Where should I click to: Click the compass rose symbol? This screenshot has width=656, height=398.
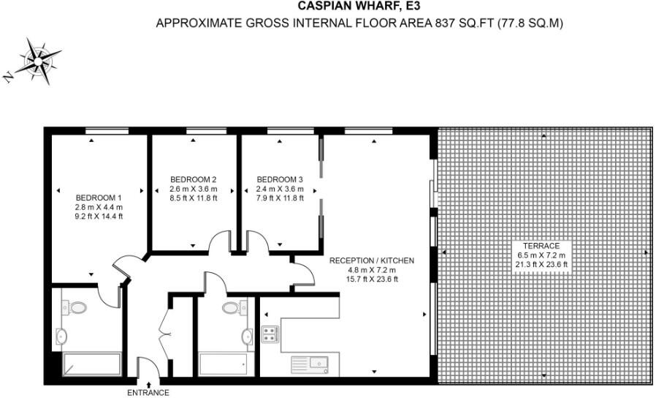pos(39,61)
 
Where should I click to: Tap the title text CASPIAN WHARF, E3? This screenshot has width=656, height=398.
pos(359,6)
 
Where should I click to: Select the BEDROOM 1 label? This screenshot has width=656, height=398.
pos(99,198)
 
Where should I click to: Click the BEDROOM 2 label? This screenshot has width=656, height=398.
pos(194,180)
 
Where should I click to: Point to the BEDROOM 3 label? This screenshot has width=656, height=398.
pos(280,180)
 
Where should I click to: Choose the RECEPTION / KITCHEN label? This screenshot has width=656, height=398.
pos(372,260)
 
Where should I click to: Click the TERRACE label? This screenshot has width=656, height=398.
pos(541,246)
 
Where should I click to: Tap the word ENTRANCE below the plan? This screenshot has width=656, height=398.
pos(148,393)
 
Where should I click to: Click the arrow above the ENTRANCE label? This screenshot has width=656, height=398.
pos(149,384)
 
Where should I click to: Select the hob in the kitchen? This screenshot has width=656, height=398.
pos(270,334)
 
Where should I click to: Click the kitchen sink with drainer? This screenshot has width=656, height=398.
pos(310,365)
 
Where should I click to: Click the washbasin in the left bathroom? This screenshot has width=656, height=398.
pos(61,337)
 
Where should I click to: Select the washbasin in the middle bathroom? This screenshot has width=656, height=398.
pos(247,337)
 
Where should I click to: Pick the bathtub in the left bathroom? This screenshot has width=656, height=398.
pos(92,364)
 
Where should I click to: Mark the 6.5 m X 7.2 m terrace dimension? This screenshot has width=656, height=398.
pos(541,255)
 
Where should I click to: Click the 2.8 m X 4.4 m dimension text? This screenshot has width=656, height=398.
pos(99,207)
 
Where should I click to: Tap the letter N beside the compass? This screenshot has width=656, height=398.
pos(8,76)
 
